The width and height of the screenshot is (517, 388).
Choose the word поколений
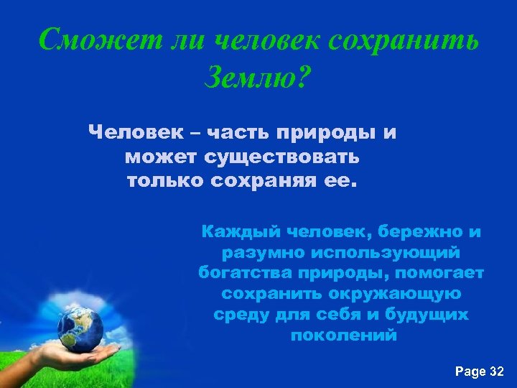coord(343,336)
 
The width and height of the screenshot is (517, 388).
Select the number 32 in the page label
coord(496,371)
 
